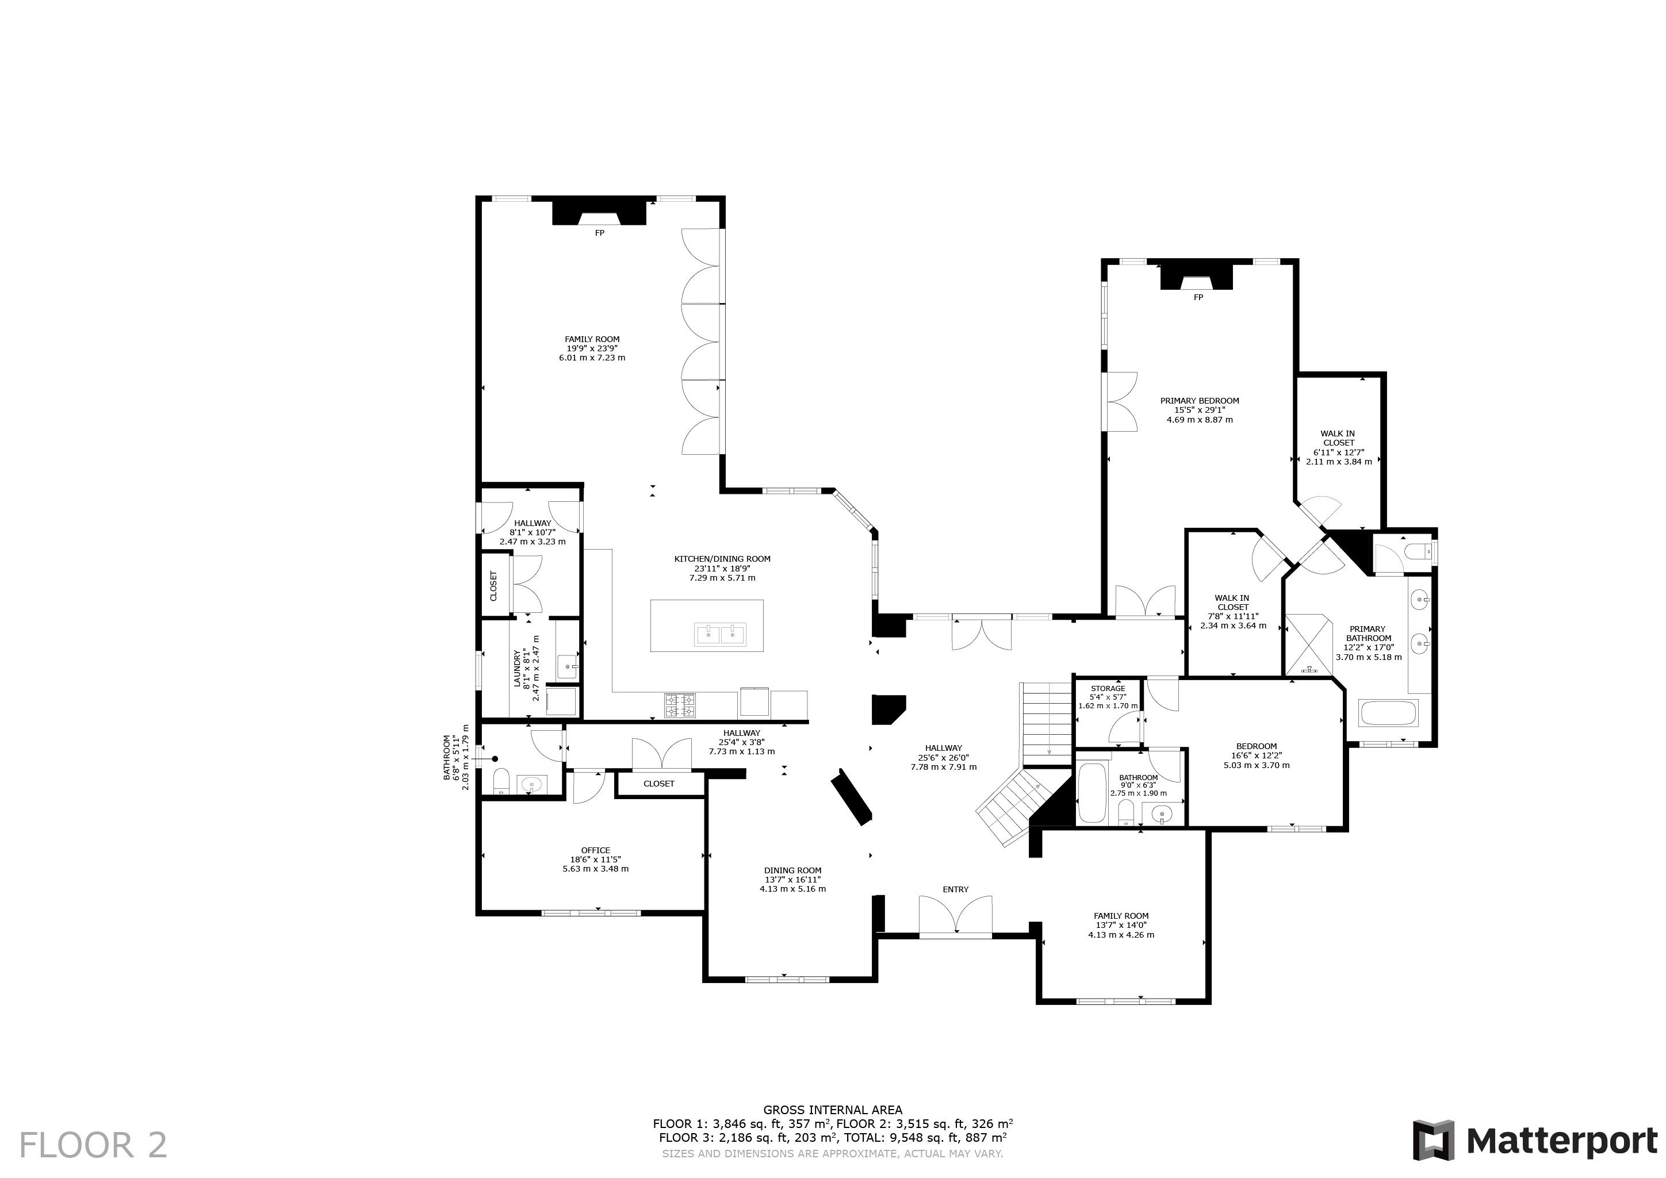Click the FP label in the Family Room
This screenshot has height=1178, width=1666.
[599, 233]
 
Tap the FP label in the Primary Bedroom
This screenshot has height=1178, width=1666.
[1198, 297]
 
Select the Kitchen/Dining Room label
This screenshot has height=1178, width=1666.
[722, 559]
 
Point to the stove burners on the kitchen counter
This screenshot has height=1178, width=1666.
[680, 701]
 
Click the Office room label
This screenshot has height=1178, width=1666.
[596, 850]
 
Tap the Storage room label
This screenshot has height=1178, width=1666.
[1108, 688]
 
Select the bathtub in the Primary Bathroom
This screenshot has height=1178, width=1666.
[1389, 713]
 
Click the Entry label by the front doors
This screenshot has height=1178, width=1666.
[956, 889]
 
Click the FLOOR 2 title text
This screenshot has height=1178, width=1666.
[93, 1145]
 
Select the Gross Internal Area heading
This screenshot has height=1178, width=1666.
[833, 1109]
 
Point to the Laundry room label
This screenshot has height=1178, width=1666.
[518, 668]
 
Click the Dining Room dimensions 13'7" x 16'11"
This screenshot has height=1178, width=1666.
[792, 879]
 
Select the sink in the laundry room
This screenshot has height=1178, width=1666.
[568, 665]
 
